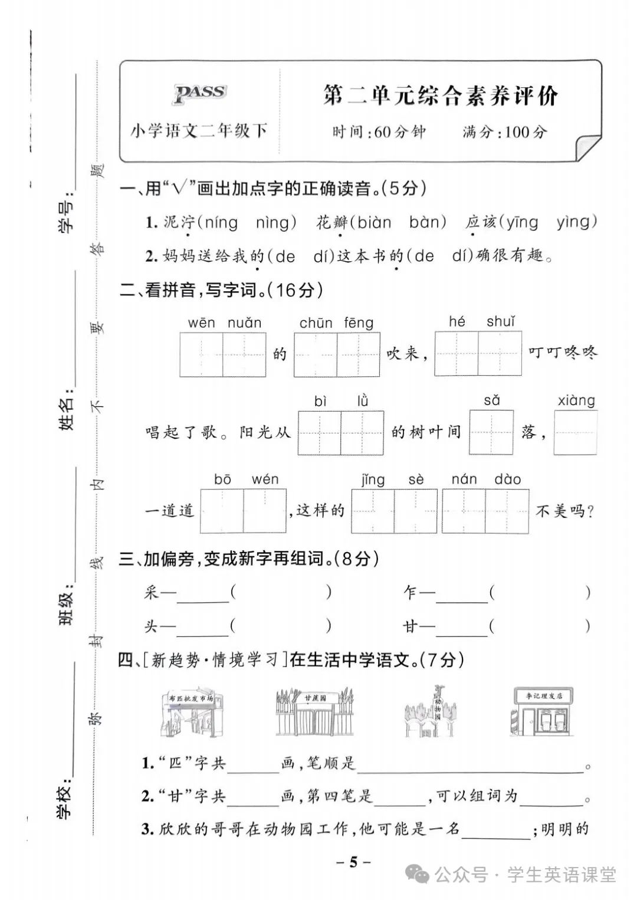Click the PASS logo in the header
coord(200,93)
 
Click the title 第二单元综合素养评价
coord(440,96)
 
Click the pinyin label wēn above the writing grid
coord(201,323)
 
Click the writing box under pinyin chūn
coord(316,354)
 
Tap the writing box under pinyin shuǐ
coord(500,353)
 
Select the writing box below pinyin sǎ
coord(491,432)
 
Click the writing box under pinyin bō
coord(222,511)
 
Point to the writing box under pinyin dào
coord(507,511)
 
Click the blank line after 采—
coord(202,594)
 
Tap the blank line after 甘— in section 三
coord(461,628)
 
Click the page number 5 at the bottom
coord(353,862)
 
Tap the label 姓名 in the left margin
coord(67,409)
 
